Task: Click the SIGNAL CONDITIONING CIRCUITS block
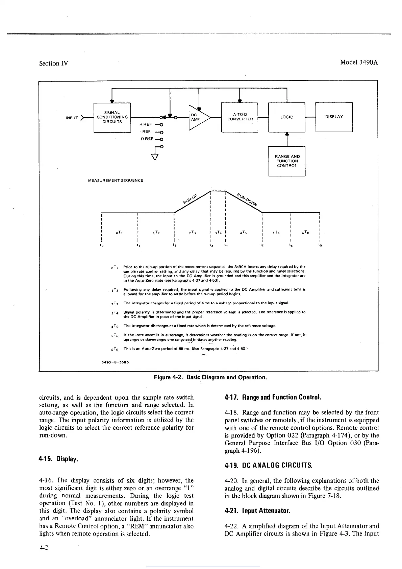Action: pos(112,117)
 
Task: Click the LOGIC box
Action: pos(286,117)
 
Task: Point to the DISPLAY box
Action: pos(334,117)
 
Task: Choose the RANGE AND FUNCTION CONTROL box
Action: pos(287,161)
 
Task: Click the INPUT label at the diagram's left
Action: pos(72,118)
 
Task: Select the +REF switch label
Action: pos(146,124)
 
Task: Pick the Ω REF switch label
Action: pos(147,139)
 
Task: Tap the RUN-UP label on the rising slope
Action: pos(190,199)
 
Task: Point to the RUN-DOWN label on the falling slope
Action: pos(247,199)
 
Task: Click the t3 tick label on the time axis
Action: pos(211,245)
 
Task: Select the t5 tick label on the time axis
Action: pos(262,245)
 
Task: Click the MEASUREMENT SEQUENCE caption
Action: pos(115,181)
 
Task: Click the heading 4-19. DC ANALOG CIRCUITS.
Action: pos(268,465)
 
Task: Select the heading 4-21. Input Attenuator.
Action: pos(258,511)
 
